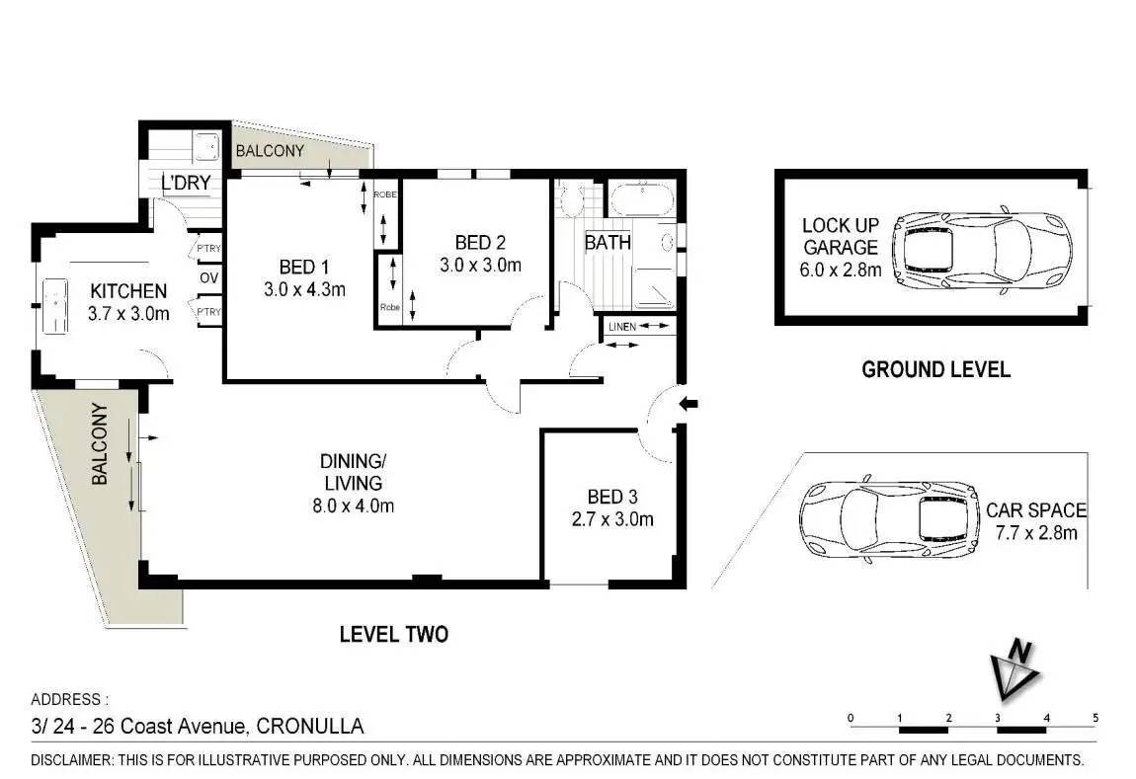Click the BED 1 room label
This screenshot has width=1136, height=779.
click(x=304, y=268)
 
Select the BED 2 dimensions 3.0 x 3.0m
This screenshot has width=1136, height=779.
click(x=480, y=265)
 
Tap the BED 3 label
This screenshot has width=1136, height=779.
click(x=612, y=497)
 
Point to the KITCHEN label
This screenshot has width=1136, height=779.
click(x=128, y=291)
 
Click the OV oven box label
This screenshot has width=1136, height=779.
click(x=208, y=278)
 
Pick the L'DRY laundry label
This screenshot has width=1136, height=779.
click(x=186, y=184)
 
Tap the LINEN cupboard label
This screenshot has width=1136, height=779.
click(x=622, y=327)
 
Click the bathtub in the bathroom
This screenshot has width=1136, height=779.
click(x=642, y=199)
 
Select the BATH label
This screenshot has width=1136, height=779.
click(x=608, y=243)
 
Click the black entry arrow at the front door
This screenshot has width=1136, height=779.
click(x=688, y=404)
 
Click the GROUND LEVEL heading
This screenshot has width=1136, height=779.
click(x=935, y=369)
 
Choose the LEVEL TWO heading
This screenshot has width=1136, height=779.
click(x=394, y=634)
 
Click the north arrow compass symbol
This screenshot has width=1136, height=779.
click(x=1015, y=670)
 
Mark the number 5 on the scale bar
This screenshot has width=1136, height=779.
click(x=1095, y=718)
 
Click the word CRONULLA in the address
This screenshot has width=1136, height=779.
click(x=310, y=726)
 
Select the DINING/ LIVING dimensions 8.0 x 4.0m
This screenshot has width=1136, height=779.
click(x=354, y=506)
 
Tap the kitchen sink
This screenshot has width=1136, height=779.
click(x=55, y=306)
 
